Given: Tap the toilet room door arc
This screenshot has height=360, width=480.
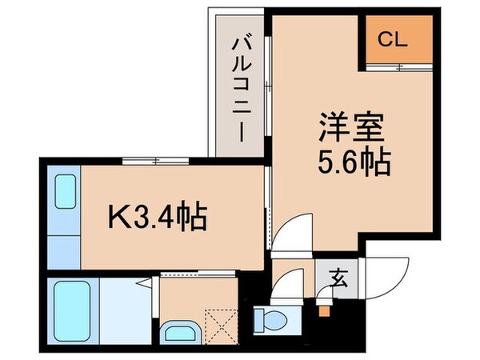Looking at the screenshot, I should (x=283, y=287).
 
